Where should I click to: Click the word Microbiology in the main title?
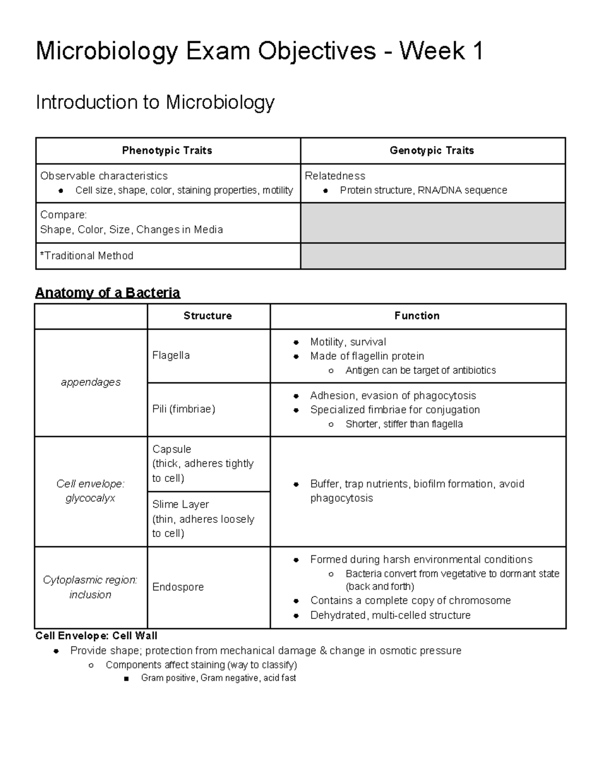pos(106,52)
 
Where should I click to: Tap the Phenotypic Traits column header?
pos(167,151)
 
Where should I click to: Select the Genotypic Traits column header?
pos(431,151)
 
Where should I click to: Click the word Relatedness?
pos(335,176)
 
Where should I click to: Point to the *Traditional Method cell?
pos(87,256)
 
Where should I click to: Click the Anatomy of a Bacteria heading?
pos(107,293)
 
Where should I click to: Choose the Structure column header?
pos(207,316)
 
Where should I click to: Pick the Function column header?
pos(416,316)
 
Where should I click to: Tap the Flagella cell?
pos(171,355)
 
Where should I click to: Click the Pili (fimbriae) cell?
pos(183,409)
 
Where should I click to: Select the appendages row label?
pos(90,382)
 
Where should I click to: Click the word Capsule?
pos(171,449)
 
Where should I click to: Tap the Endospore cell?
pos(178,587)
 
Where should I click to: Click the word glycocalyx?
pos(90,498)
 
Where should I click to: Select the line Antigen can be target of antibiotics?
pos(420,370)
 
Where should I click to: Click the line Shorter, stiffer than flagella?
pos(404,424)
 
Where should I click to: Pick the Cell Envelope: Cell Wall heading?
pos(96,636)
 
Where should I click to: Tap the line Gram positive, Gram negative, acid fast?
pos(218,678)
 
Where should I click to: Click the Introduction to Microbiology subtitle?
pos(155,103)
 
